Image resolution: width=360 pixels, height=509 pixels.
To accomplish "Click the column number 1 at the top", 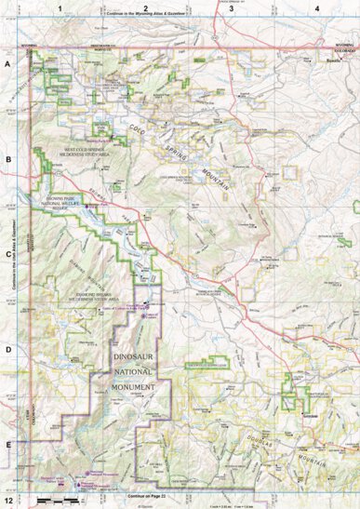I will pyautogui.click(x=60, y=8).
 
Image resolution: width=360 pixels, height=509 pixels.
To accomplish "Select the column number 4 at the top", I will pyautogui.click(x=317, y=8).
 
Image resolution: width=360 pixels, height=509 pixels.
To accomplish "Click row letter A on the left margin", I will pyautogui.click(x=8, y=65).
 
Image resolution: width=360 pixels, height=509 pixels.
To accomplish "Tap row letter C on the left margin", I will pyautogui.click(x=8, y=253).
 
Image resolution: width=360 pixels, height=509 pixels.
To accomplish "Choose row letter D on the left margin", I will pyautogui.click(x=8, y=349).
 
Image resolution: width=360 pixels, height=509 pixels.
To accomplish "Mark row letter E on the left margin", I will pyautogui.click(x=8, y=444).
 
